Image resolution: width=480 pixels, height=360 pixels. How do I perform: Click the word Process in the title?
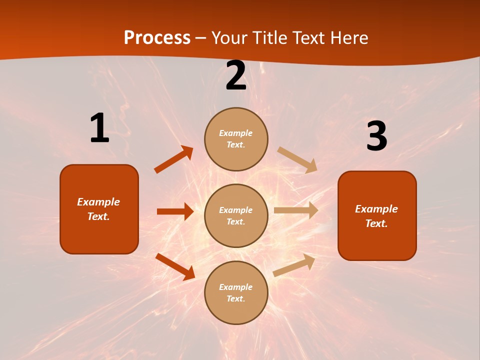point(157,38)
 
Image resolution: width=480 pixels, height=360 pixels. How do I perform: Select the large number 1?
point(99,128)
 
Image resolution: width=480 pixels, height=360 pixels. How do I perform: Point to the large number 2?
point(235,76)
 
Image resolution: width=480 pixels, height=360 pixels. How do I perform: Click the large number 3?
point(376,137)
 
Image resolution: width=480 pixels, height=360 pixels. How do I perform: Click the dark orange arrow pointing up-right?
point(174,159)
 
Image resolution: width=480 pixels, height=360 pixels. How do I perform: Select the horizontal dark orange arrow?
point(175,211)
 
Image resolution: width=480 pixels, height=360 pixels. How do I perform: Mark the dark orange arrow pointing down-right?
point(175,266)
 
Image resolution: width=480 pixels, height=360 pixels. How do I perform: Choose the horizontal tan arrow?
point(296,210)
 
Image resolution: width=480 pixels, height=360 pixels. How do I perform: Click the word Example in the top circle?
point(236,133)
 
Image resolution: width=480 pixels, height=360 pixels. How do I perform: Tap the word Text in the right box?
point(376,223)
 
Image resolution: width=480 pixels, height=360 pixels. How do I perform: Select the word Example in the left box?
point(98,202)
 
